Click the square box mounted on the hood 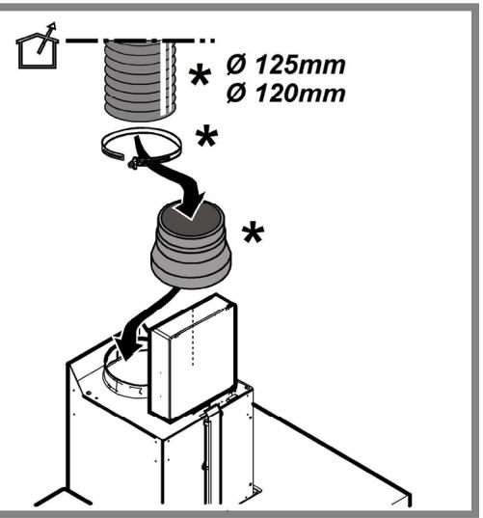pyautogui.click(x=193, y=362)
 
